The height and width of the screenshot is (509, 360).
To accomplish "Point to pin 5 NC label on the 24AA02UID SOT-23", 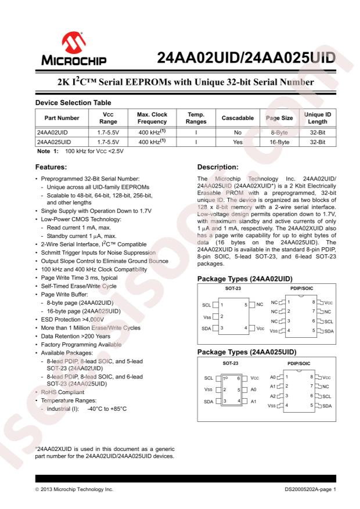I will pyautogui.click(x=260, y=304).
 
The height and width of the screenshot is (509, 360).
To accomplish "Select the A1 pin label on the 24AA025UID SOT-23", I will pyautogui.click(x=254, y=400).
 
